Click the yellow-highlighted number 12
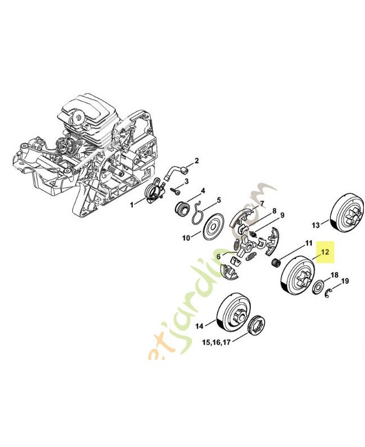[325, 252]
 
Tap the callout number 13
[315, 225]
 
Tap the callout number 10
[186, 237]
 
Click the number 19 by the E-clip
[344, 280]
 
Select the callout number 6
[219, 256]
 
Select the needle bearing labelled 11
[275, 262]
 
